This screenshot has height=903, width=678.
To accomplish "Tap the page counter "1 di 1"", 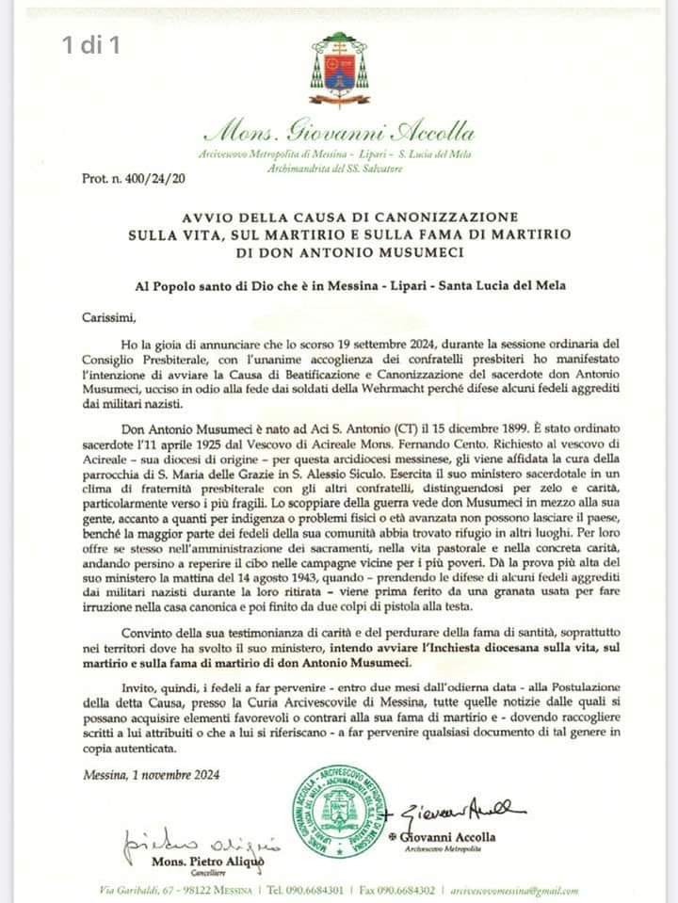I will [x=90, y=44].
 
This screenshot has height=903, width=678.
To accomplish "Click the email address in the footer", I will [x=515, y=890].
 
